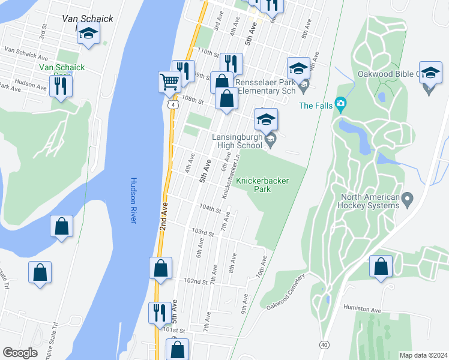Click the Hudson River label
(x=133, y=200)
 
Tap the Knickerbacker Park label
(x=262, y=184)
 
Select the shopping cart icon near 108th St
(x=170, y=82)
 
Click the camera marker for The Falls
(x=341, y=105)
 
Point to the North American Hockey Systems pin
(x=408, y=198)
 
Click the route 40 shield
(x=324, y=344)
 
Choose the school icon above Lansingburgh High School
(x=267, y=119)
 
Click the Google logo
(x=20, y=353)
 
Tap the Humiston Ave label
(x=363, y=309)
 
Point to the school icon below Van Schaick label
(x=88, y=34)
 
